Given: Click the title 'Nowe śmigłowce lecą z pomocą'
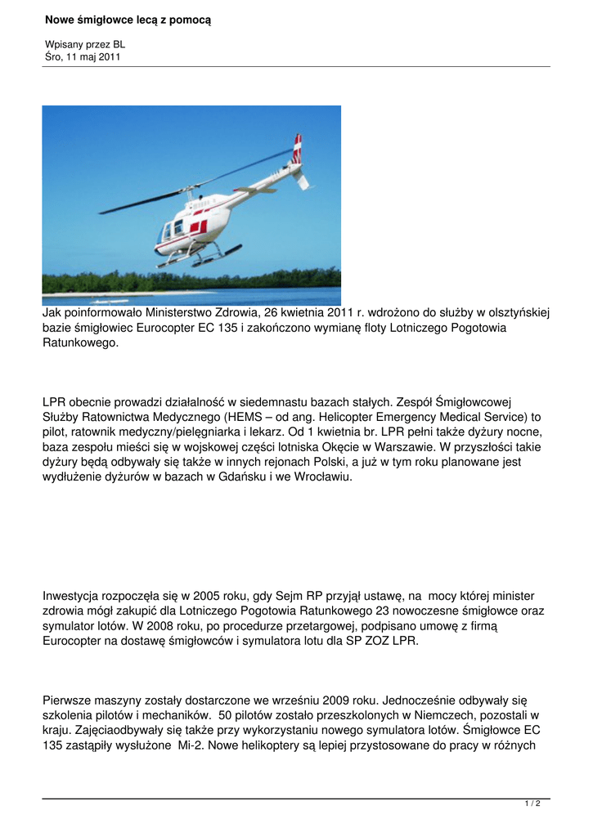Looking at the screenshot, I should coord(127,19).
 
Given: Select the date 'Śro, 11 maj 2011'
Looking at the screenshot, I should coord(83,56).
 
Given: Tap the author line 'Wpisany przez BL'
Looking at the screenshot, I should coord(84,44).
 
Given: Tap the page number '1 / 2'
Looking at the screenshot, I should coord(532,804).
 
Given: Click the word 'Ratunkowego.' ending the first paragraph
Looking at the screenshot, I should coord(80,342).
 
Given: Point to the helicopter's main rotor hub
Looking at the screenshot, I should coord(193,190).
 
